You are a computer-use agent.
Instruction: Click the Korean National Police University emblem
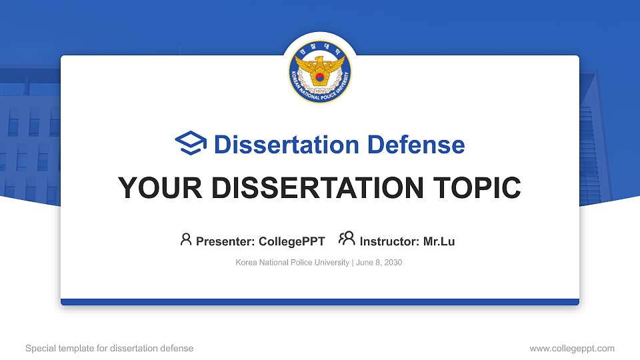point(320,71)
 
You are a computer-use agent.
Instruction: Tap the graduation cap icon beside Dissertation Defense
point(191,143)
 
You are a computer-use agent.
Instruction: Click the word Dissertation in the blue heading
point(287,145)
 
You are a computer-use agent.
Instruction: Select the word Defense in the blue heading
point(416,145)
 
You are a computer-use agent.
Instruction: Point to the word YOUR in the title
point(160,188)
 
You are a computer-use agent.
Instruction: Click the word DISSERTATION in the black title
point(317,188)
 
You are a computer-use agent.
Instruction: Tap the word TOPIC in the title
point(477,188)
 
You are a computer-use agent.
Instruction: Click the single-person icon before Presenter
point(186,239)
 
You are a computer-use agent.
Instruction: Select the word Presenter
point(225,241)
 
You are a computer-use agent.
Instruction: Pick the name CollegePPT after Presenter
point(292,241)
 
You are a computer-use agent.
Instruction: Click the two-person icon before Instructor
point(347,239)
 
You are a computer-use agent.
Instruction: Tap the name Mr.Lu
point(439,241)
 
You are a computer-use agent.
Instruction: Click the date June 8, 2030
point(379,263)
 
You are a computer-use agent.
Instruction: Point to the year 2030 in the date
point(393,263)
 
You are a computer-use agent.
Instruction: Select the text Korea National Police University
point(292,263)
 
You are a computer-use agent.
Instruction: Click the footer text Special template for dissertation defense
point(109,348)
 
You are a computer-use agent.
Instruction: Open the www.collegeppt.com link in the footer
point(572,348)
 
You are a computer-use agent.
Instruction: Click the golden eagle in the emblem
point(320,70)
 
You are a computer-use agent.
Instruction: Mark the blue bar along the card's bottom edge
point(320,302)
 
